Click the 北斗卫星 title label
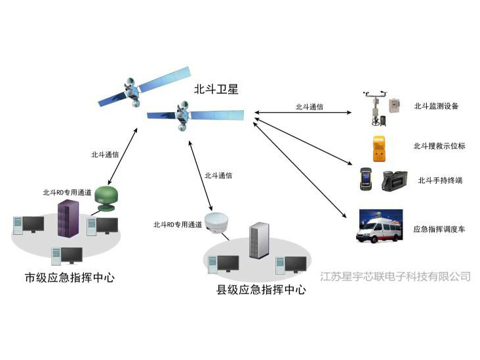point(216,89)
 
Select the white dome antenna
point(216,222)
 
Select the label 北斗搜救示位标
point(439,146)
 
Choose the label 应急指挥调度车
point(439,230)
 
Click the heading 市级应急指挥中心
point(70,277)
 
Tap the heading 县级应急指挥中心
point(261,290)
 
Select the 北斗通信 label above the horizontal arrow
point(308,106)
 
